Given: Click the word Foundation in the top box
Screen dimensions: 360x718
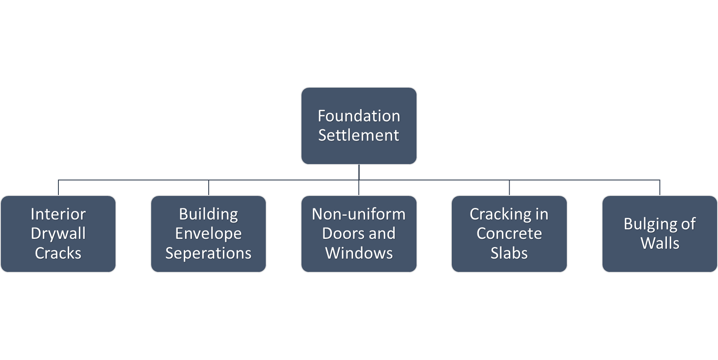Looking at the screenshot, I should (359, 116).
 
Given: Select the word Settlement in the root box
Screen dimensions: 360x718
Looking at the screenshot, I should (359, 135).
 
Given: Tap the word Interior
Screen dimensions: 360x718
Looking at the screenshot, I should (58, 214).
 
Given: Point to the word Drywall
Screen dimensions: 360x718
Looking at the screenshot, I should (58, 234).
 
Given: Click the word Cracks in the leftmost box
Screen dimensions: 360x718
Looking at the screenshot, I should (58, 253).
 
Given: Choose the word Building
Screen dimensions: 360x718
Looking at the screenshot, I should (208, 214).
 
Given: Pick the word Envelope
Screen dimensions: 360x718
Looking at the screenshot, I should (208, 234).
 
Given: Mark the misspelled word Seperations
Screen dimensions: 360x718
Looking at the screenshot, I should (208, 253).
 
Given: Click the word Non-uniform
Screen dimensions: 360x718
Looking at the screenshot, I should (359, 214).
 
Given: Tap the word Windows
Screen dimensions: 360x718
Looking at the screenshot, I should (359, 253).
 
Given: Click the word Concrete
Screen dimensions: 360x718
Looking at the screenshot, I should (509, 234).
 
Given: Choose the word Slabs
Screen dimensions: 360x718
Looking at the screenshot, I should (509, 253).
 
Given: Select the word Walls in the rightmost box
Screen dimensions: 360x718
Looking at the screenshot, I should (660, 243).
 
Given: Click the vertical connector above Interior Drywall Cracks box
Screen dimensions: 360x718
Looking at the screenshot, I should (58, 188).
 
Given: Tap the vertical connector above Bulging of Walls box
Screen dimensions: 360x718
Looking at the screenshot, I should (660, 188).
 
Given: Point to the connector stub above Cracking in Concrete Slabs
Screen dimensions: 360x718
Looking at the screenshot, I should (509, 188).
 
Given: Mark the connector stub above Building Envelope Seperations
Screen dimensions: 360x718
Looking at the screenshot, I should (209, 188).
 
